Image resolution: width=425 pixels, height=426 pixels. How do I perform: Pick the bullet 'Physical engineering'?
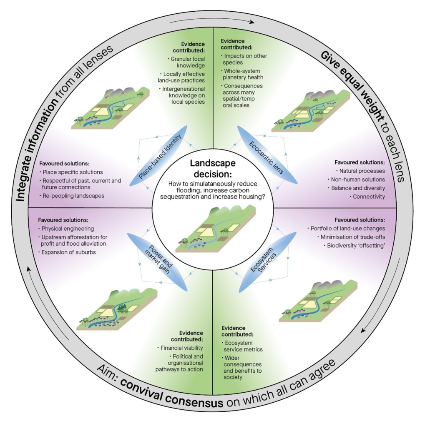68,229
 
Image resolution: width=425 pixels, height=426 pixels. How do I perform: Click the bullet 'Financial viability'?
182,347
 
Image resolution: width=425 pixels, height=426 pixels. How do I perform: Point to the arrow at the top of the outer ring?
213,21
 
